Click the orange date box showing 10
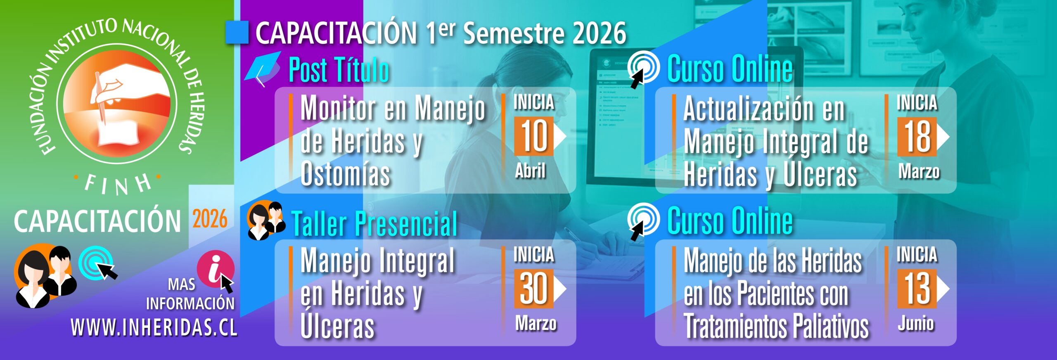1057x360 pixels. pos(533,136)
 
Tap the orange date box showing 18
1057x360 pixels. pos(917,137)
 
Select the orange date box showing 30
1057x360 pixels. pos(533,289)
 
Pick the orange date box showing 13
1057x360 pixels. pos(917,289)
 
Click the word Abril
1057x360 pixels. pos(531,171)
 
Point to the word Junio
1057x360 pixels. pos(916,323)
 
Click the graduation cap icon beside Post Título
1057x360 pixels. pos(263,69)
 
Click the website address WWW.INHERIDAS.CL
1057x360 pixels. pos(154,328)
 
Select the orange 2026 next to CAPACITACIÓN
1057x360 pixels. pos(210,219)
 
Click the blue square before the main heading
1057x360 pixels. pos(237,32)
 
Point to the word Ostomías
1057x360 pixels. pos(345,174)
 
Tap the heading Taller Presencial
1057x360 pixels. pos(374,224)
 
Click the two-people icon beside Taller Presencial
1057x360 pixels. pos(266,220)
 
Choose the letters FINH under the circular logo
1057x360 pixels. pos(118,185)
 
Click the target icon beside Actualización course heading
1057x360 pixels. pos(643,69)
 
